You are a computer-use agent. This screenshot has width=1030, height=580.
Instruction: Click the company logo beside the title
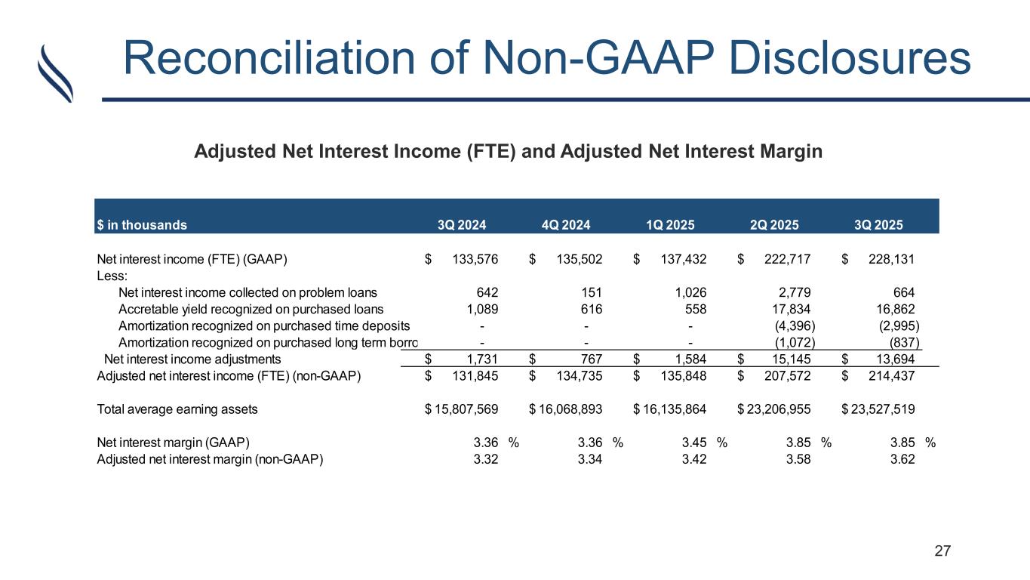(55, 72)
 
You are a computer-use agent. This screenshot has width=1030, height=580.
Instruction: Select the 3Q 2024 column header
(463, 224)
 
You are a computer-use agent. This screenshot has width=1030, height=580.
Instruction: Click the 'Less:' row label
(112, 276)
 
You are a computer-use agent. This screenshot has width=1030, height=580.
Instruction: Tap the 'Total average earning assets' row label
(177, 409)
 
